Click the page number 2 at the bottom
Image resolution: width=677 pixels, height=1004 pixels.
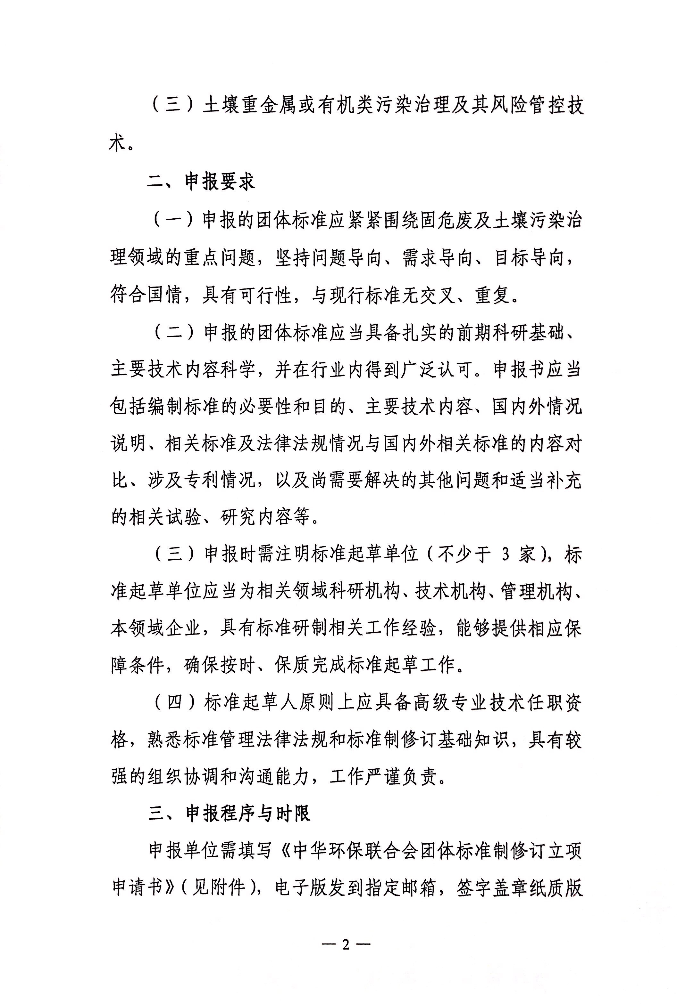[x=346, y=945]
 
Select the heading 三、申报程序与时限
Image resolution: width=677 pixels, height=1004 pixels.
[x=229, y=814]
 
